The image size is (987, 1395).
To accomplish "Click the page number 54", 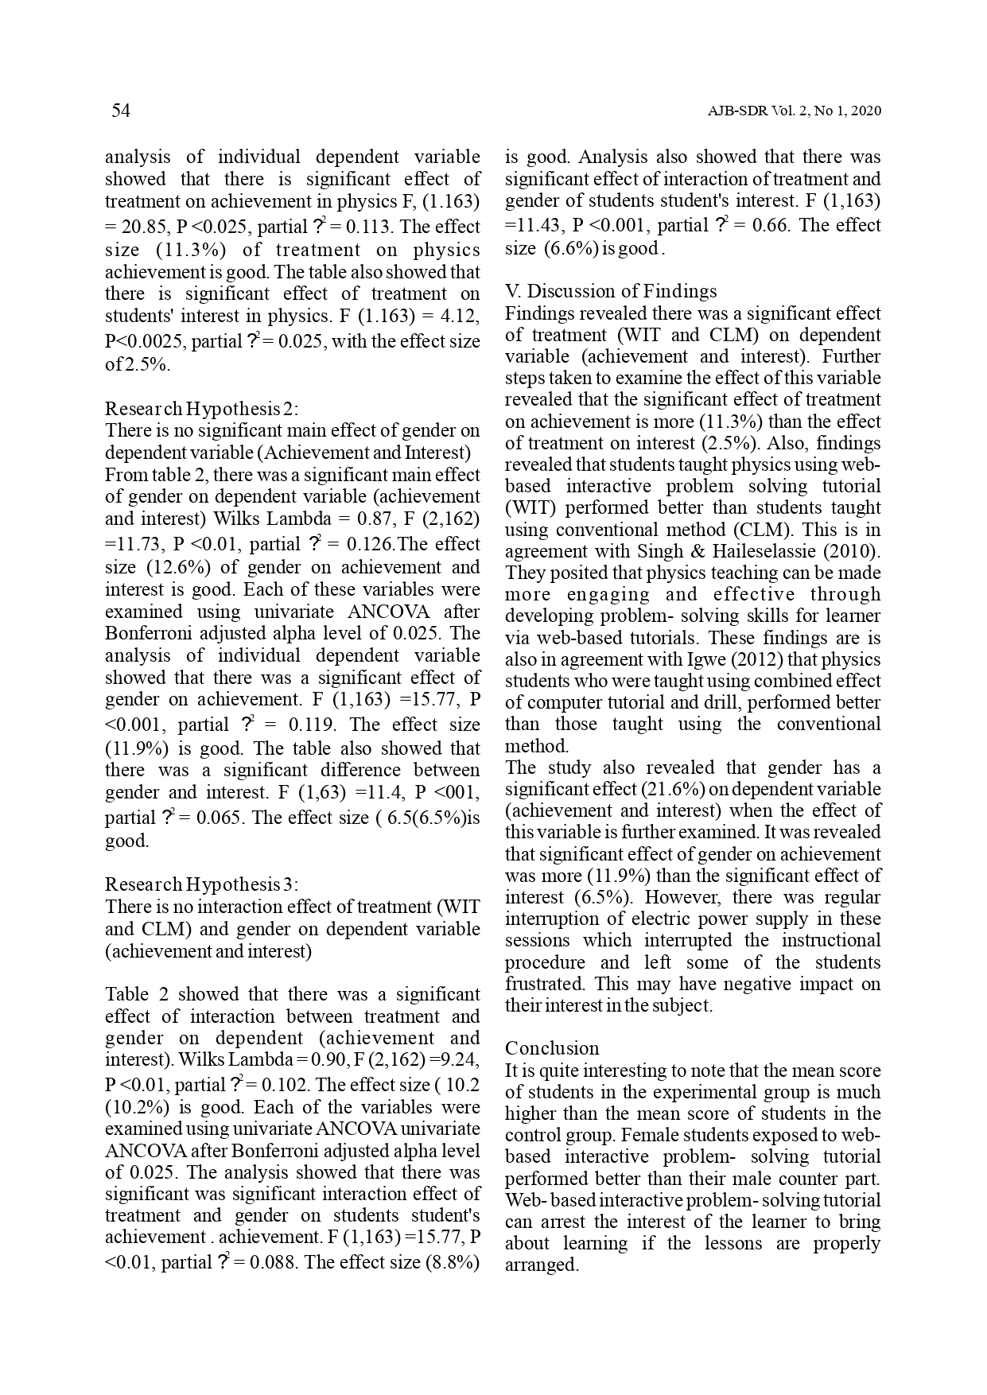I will pyautogui.click(x=121, y=111).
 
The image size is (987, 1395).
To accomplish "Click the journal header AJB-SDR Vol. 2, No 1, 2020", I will pyautogui.click(x=794, y=111).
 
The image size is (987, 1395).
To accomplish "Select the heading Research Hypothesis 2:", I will pyautogui.click(x=202, y=409).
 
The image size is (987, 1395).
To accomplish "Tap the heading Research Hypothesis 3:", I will pyautogui.click(x=202, y=884).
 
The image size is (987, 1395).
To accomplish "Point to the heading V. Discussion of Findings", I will pyautogui.click(x=611, y=291).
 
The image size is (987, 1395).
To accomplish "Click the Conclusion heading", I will pyautogui.click(x=552, y=1048).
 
